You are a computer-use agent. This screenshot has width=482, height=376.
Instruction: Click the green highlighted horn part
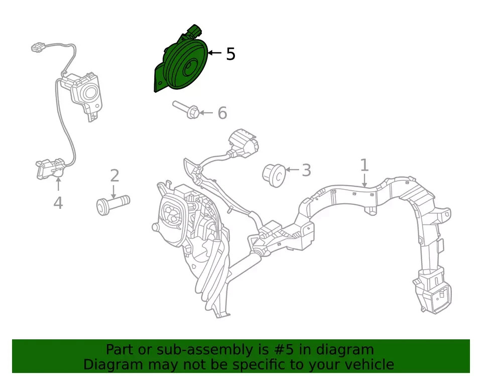[181, 65]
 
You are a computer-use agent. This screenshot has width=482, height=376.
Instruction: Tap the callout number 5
[230, 54]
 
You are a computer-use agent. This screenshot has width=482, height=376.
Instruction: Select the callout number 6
[222, 113]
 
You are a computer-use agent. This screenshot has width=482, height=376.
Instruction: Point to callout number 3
[306, 170]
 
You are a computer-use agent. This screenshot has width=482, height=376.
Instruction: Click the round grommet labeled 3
[274, 175]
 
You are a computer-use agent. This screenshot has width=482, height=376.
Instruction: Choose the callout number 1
[365, 165]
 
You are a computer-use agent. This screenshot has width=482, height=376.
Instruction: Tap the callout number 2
[114, 176]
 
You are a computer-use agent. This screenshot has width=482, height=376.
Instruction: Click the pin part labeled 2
[113, 205]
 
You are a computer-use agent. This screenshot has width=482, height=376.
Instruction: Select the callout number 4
[58, 203]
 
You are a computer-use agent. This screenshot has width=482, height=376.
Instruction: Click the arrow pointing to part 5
[215, 53]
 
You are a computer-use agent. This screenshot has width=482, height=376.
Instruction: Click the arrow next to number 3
[292, 169]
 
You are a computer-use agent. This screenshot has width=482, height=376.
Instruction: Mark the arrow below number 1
[365, 180]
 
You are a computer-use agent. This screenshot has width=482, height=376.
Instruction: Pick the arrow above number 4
[58, 184]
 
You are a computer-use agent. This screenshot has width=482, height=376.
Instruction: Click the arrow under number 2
[114, 192]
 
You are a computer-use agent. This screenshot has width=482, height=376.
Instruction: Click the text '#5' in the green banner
[280, 350]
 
